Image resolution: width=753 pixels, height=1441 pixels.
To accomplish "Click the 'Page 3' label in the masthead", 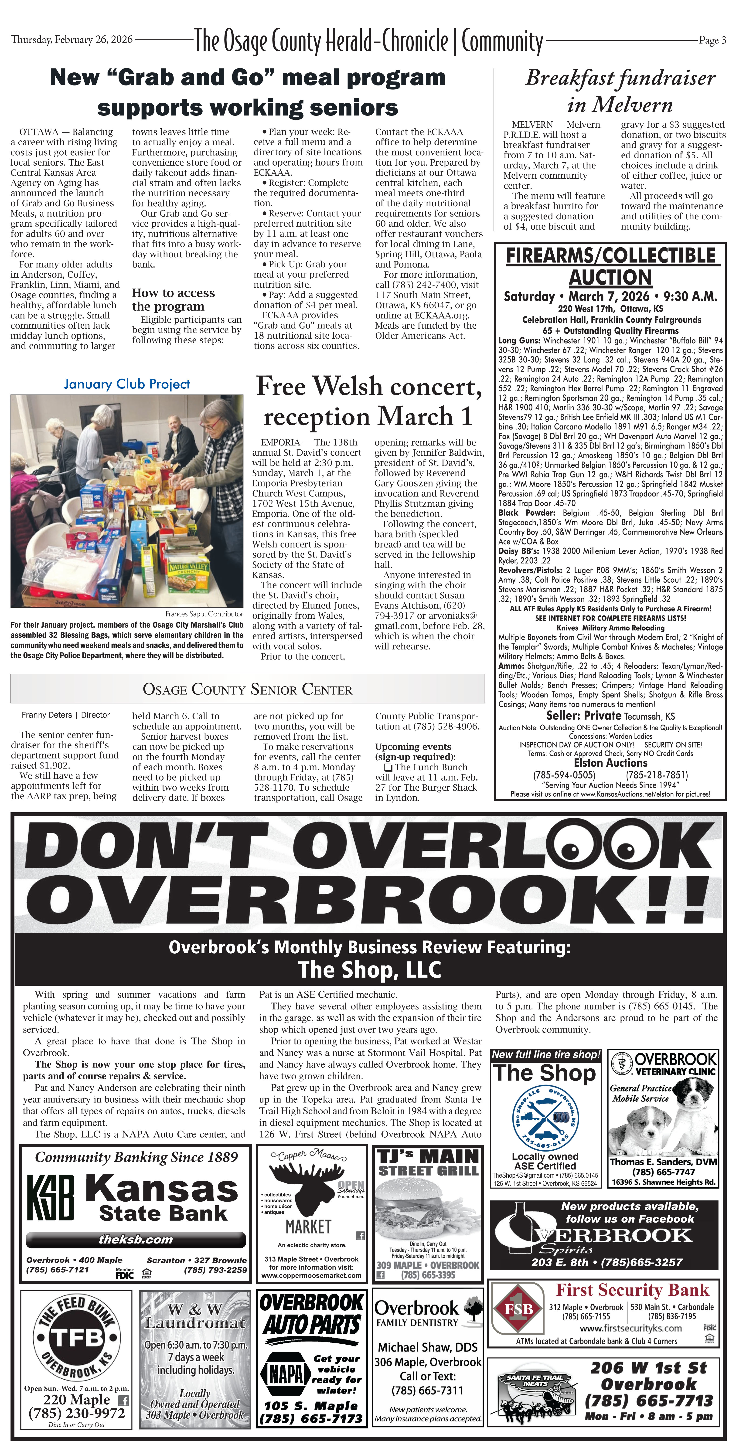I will pos(712,40).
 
